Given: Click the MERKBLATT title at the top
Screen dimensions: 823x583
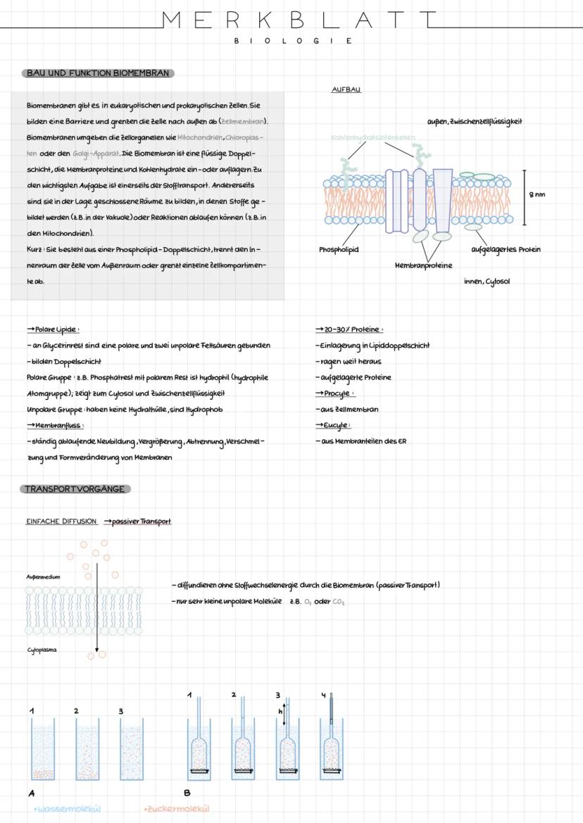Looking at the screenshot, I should point(299,20).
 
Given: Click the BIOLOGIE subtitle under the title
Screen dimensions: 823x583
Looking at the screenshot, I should point(293,41).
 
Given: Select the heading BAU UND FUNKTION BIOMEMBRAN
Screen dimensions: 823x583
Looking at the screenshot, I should point(98,73).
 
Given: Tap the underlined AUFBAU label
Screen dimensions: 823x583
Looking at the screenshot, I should point(346,90).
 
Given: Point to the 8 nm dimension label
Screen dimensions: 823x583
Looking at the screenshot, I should point(537,195).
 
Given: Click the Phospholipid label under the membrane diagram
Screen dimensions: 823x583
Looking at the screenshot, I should point(339,249).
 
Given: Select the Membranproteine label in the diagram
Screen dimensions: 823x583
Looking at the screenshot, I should point(423,265).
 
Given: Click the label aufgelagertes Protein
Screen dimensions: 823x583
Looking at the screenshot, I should point(506,249).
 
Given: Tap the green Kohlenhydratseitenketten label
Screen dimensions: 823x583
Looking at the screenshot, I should point(372,137).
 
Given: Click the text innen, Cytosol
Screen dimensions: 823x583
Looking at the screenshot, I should point(487,282).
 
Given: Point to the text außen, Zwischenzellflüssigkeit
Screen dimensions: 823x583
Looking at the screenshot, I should point(475,121).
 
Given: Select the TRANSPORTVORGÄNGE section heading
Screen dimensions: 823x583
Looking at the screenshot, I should point(75,489).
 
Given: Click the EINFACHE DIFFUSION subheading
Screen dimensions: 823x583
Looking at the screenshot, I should point(61,522).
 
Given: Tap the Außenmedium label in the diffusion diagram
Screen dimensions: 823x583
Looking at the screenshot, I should point(44,577).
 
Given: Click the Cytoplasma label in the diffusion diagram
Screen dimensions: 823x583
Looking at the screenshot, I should point(42,651).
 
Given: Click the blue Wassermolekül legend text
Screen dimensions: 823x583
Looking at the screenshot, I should point(68,809).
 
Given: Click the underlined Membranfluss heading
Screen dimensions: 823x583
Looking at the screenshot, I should point(56,425).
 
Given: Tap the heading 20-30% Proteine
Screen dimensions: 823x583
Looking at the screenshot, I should point(349,329).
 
